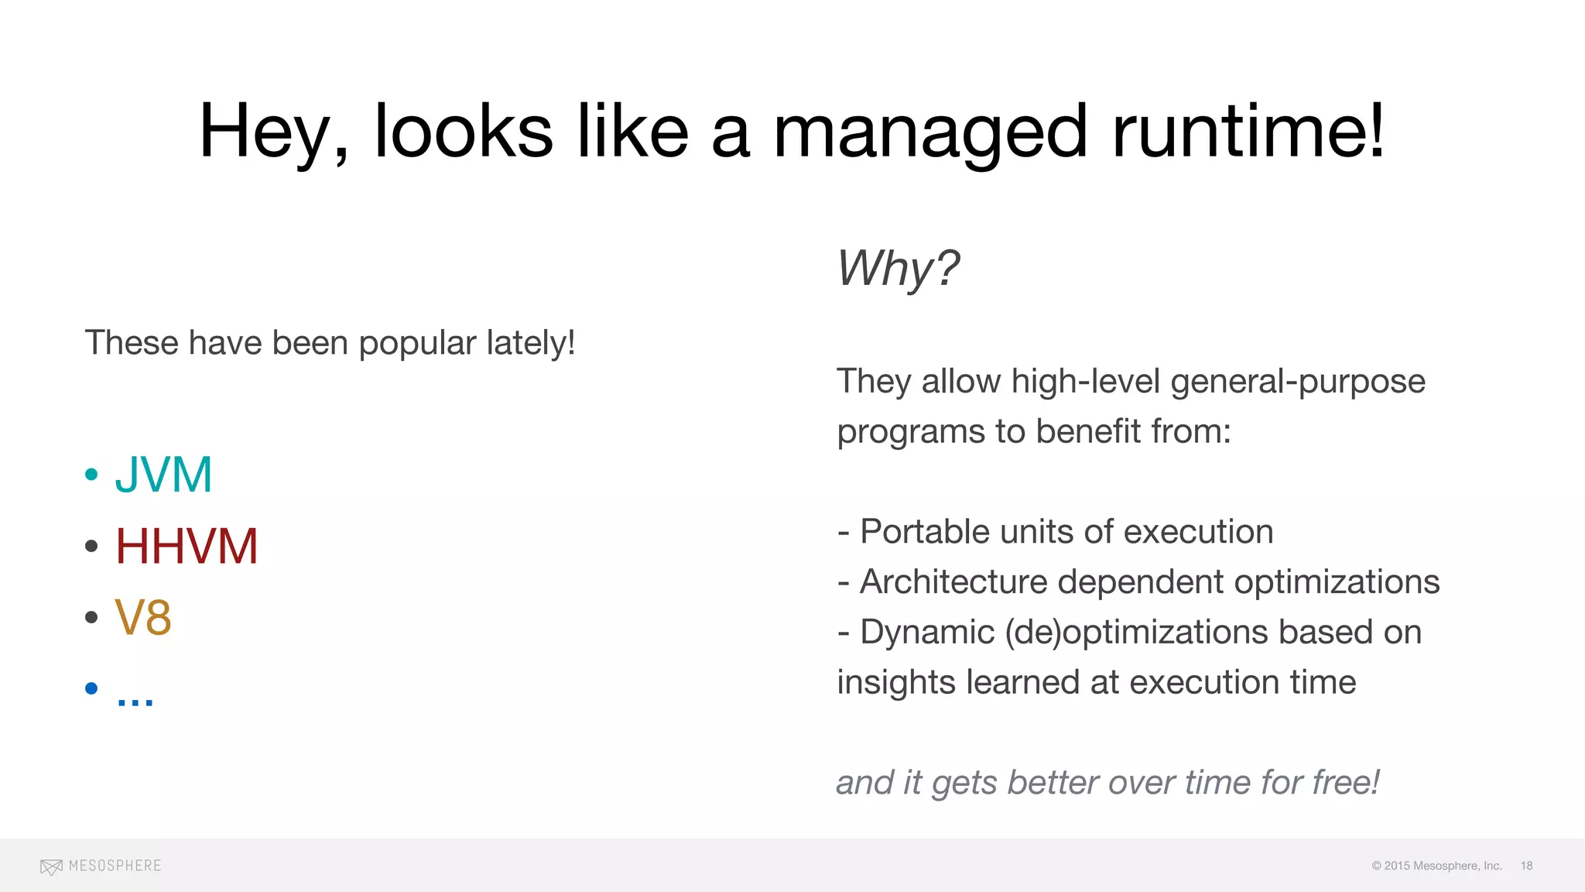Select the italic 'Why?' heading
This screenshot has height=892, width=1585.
898,268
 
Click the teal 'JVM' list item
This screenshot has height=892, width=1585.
163,474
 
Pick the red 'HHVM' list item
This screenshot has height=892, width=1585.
186,546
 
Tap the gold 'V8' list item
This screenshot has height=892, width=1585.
143,617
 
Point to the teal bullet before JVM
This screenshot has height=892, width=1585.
91,474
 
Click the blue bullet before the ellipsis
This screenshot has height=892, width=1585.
91,688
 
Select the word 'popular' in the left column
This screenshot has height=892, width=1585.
417,343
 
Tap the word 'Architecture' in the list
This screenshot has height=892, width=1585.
953,582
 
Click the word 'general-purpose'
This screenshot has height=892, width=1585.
1298,381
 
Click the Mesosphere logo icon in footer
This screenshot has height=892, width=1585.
51,866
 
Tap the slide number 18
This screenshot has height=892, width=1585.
1526,866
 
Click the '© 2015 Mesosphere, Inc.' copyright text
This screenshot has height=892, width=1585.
1436,866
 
